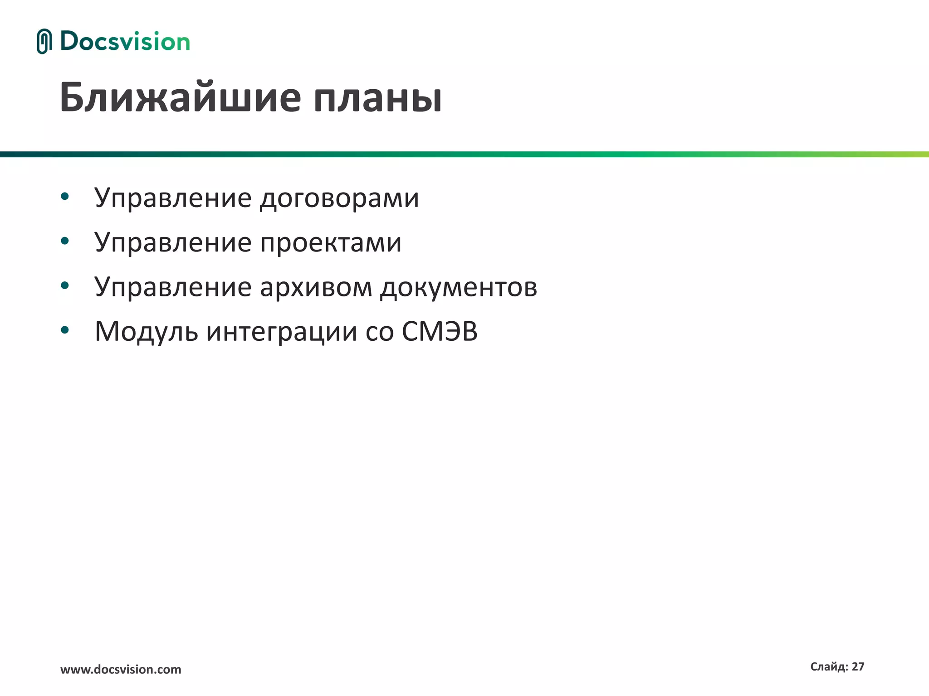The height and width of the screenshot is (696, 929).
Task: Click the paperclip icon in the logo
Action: pyautogui.click(x=44, y=41)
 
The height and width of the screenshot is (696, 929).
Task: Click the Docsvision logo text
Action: pyautogui.click(x=125, y=42)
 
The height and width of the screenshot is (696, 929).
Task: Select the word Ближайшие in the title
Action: pyautogui.click(x=180, y=97)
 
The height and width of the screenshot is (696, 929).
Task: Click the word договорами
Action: pyautogui.click(x=339, y=198)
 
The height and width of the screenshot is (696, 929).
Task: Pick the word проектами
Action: pyautogui.click(x=331, y=243)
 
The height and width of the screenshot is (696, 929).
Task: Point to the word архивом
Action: pyautogui.click(x=316, y=287)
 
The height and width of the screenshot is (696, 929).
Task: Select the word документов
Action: pyautogui.click(x=459, y=288)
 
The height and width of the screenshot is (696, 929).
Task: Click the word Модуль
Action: pyautogui.click(x=146, y=332)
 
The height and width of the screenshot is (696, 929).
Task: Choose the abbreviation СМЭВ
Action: pyautogui.click(x=440, y=331)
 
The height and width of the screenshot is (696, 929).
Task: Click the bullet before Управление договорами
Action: pyautogui.click(x=64, y=197)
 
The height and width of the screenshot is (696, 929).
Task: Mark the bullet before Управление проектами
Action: pyautogui.click(x=64, y=241)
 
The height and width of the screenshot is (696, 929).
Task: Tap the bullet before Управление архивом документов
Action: pyautogui.click(x=64, y=285)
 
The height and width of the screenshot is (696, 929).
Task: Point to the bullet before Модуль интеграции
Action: pyautogui.click(x=64, y=330)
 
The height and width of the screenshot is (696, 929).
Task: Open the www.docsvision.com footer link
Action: pyautogui.click(x=121, y=670)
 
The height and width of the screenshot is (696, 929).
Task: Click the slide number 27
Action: pyautogui.click(x=858, y=667)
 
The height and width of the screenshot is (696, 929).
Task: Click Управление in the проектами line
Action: pyautogui.click(x=173, y=243)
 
